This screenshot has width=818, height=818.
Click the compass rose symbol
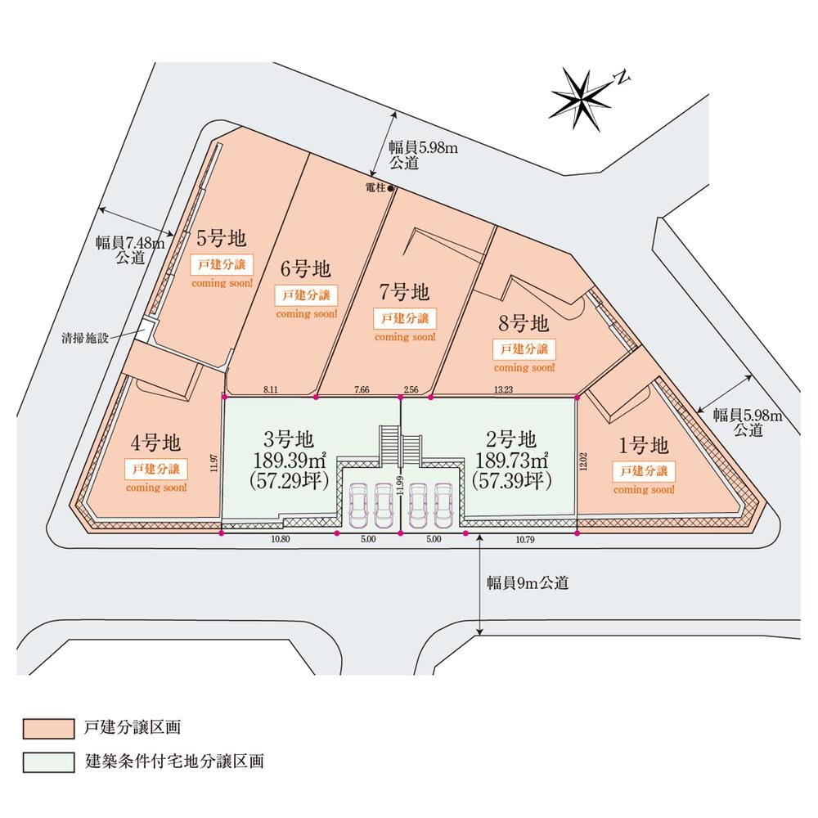pos(581,100)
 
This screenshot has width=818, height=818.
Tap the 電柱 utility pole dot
pos(390,188)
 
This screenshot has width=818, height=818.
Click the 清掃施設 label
pos(85,338)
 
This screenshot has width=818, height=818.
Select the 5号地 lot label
pos(221,238)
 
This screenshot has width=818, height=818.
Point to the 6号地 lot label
pos(306,269)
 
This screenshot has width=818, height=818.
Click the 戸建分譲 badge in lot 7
pos(405,318)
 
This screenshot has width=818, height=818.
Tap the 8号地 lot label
pos(524,323)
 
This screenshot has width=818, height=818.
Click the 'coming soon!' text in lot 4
pos(156,488)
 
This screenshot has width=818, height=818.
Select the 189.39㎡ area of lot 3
pos(290,461)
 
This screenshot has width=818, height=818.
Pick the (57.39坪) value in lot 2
pos(511,480)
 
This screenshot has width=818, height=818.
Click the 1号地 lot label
pos(643,446)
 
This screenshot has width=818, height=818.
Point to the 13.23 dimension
pos(503,389)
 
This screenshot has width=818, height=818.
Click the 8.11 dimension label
pos(271,389)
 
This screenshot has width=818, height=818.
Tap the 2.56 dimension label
pos(411,389)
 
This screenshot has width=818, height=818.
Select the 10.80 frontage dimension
pos(280,539)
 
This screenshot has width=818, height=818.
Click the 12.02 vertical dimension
pos(583,461)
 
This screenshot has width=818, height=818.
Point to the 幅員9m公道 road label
pos(528,582)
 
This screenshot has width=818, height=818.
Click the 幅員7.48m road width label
pos(130,243)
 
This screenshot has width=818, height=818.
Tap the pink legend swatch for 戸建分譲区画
pos(48,729)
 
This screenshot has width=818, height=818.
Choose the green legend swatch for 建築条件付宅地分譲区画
pos(48,762)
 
